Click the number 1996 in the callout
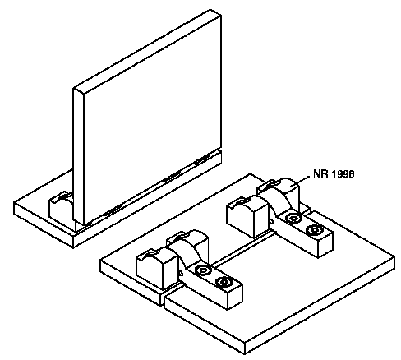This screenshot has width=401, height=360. pos(343,174)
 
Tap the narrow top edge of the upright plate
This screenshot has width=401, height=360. pos(146,50)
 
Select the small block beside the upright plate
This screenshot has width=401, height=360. pos(61,207)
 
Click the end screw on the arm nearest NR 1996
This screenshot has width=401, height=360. pos(313,231)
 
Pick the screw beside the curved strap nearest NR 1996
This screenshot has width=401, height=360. pos(293,219)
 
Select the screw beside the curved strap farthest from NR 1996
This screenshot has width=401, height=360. pos(203,270)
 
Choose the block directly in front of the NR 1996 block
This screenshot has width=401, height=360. pos(248,216)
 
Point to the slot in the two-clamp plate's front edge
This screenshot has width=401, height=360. pos(164,298)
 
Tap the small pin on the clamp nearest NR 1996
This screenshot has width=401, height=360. pos(270,220)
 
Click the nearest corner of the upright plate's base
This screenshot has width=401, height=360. pos(73,248)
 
